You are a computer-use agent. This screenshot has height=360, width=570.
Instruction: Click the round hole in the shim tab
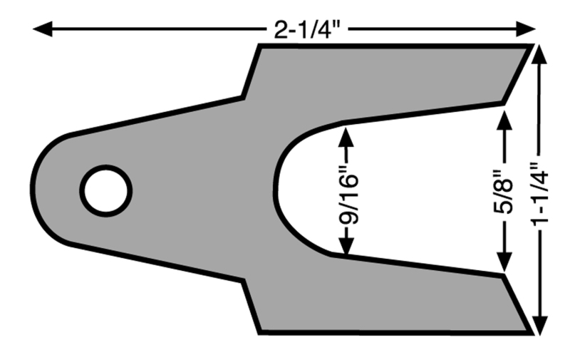click(x=105, y=190)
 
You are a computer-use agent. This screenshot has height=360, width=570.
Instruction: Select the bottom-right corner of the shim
click(x=532, y=332)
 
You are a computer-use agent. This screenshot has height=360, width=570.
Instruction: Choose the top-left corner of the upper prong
click(x=260, y=46)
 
